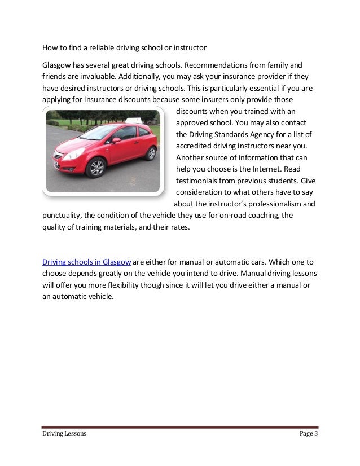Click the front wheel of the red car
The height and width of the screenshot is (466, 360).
pyautogui.click(x=97, y=167)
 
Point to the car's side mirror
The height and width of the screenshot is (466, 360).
pyautogui.click(x=116, y=139)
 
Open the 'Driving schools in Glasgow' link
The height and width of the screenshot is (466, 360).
pyautogui.click(x=87, y=262)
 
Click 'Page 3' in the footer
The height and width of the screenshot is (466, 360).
pyautogui.click(x=308, y=433)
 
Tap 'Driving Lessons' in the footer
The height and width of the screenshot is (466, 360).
pyautogui.click(x=64, y=433)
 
